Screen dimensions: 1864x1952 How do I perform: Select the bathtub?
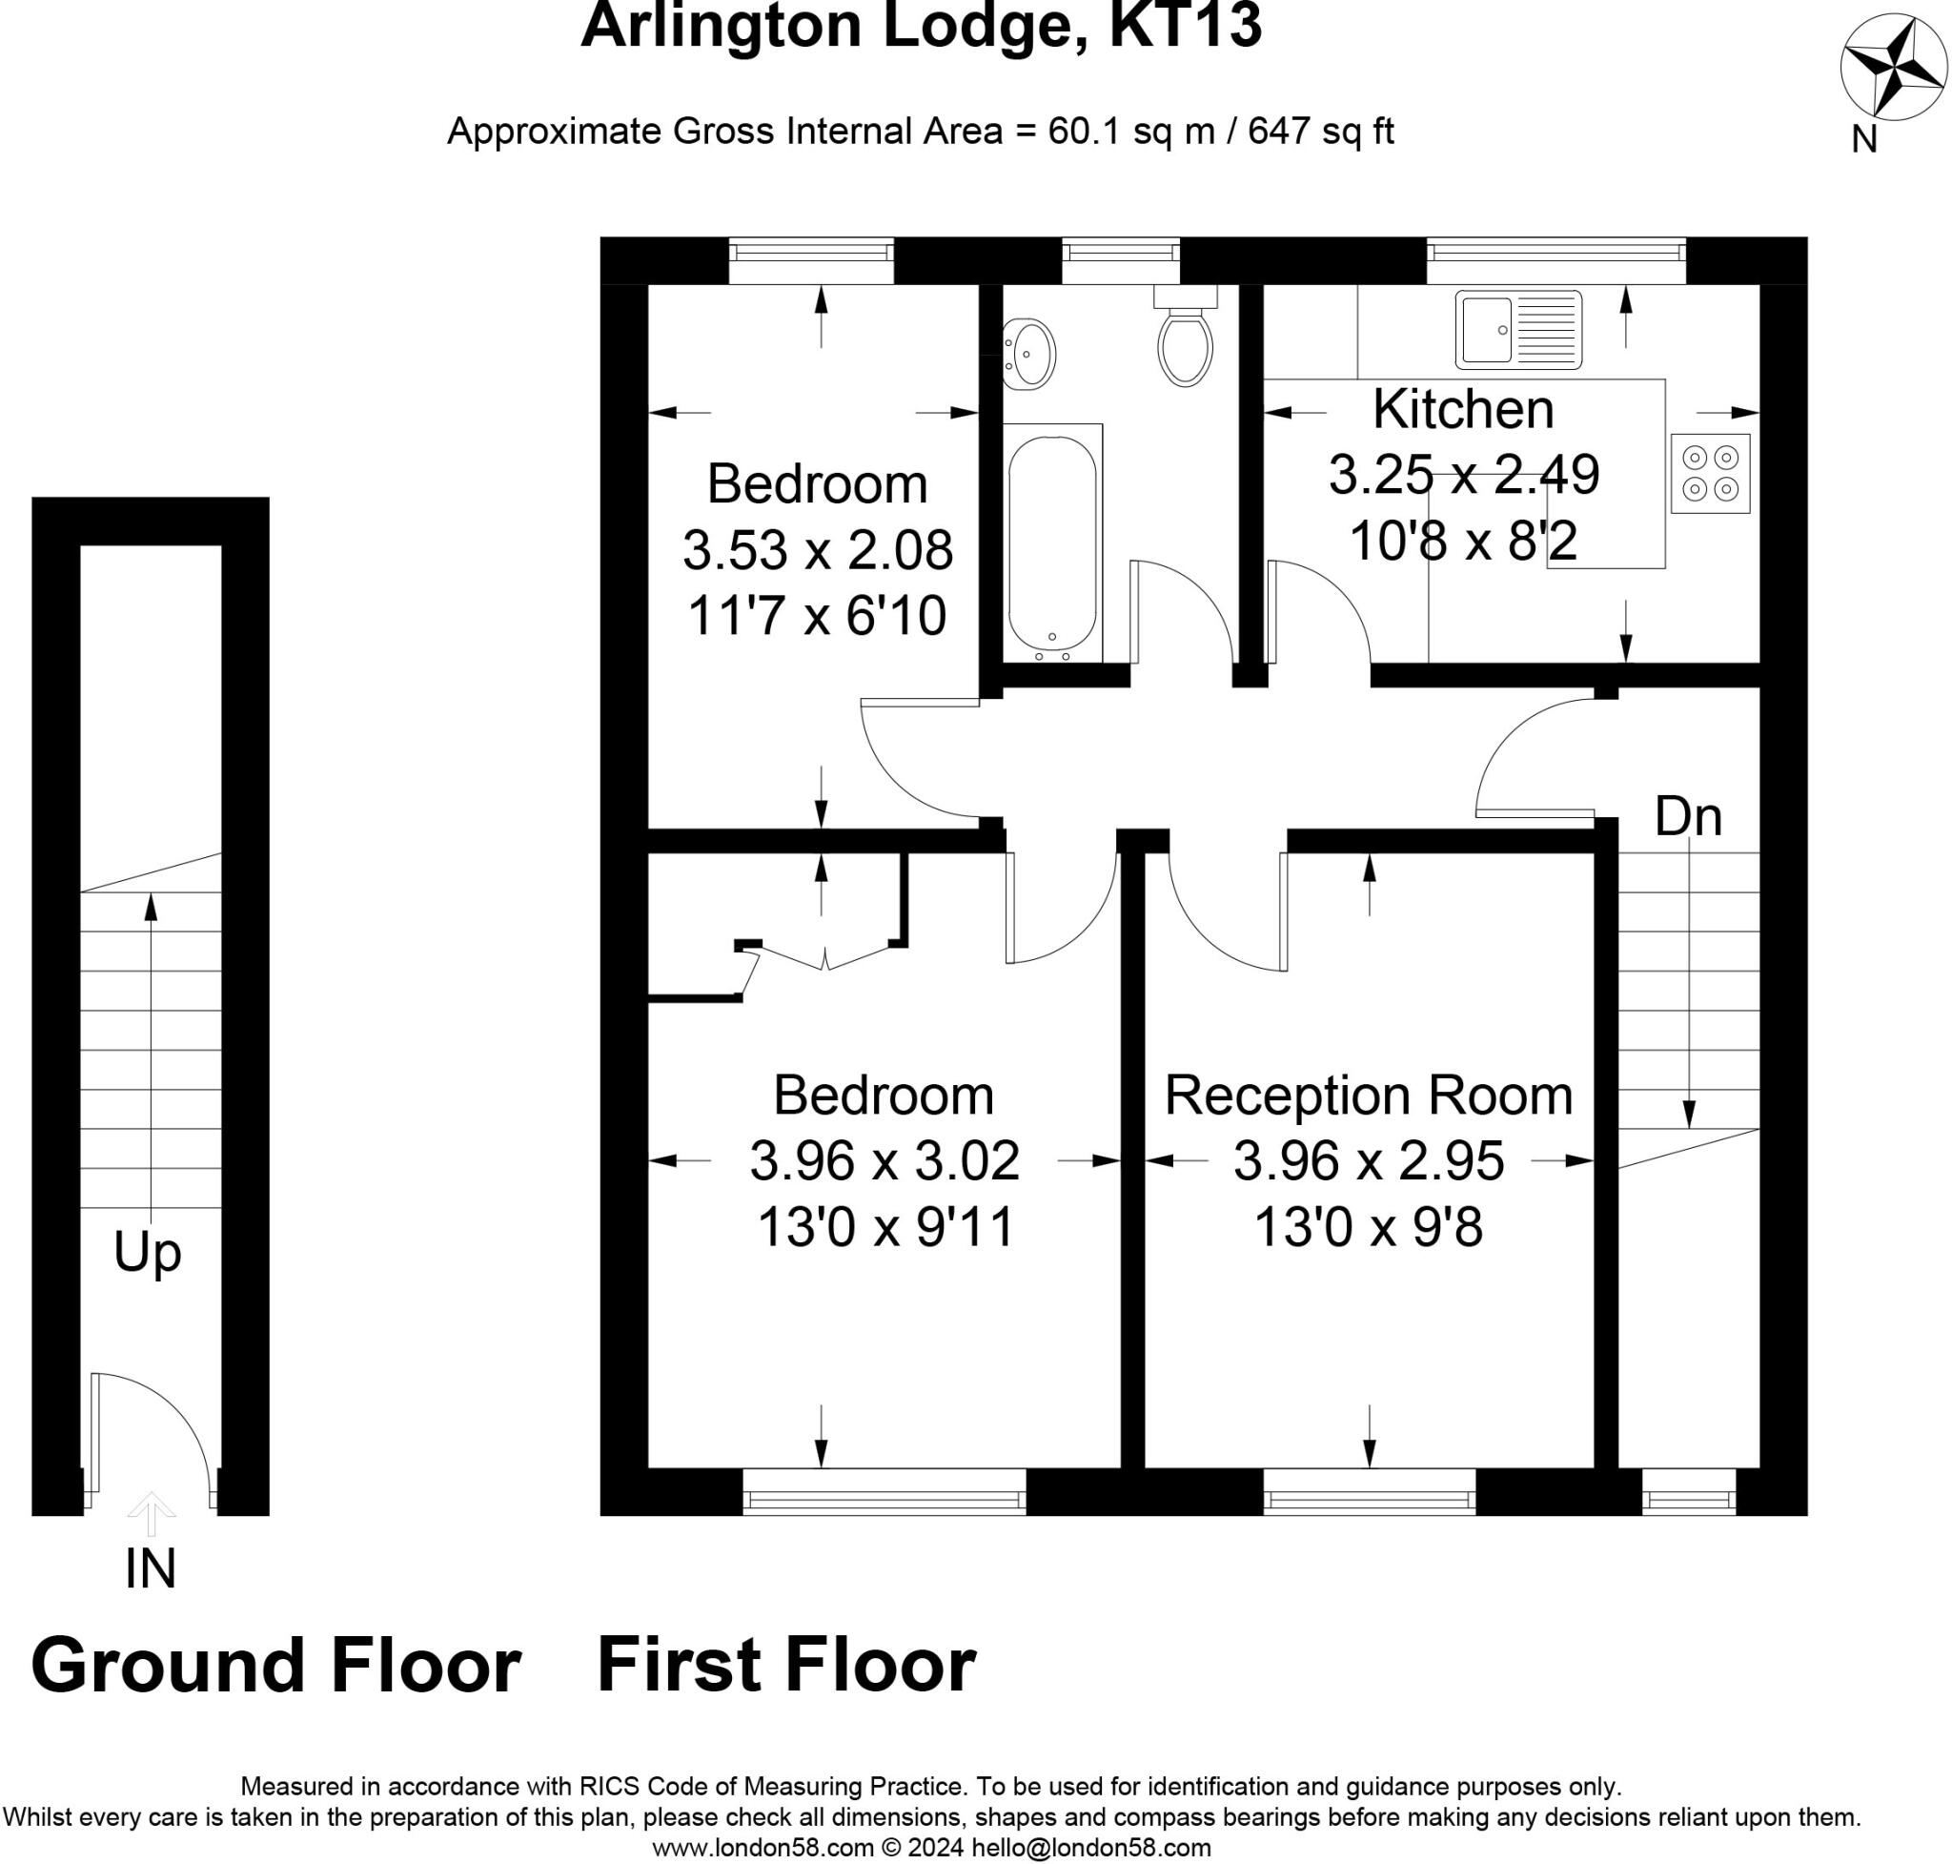coord(1052,542)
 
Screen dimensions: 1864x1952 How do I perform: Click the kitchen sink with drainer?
coord(1518,329)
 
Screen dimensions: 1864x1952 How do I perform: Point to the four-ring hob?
coord(1710,473)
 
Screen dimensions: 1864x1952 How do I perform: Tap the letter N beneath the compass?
coord(1863,140)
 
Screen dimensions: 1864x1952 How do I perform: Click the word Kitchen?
coord(1462,409)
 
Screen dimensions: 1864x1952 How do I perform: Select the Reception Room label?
coord(1368,1095)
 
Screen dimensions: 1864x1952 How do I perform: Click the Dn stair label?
coord(1688,817)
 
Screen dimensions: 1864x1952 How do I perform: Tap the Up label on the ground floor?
coord(147,1252)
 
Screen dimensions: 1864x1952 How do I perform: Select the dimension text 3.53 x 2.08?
coord(817,549)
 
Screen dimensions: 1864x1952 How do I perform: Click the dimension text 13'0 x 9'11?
coord(884,1226)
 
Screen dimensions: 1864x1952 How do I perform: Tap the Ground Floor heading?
coord(276,1666)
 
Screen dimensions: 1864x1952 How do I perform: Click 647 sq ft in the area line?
coord(1320,132)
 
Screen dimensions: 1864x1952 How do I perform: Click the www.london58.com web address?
coord(762,1848)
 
